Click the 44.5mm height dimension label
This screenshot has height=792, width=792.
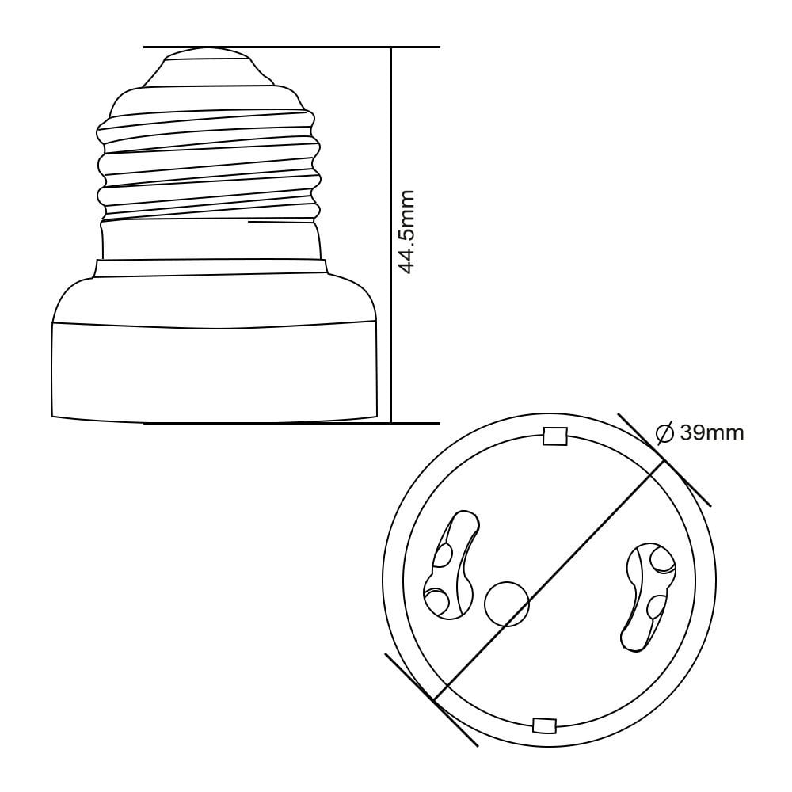pos(406,232)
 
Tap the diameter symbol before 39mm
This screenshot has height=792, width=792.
pos(664,433)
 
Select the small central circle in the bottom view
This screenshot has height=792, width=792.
pos(507,604)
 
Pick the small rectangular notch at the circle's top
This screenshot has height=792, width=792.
pos(554,436)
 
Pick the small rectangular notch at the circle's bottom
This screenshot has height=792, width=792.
pos(545,725)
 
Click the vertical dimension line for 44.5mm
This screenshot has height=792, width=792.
pos(391,235)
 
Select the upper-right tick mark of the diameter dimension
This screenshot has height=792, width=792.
pos(664,460)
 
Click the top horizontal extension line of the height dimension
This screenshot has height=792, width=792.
pos(291,47)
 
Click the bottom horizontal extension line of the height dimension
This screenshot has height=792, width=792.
pos(291,423)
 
